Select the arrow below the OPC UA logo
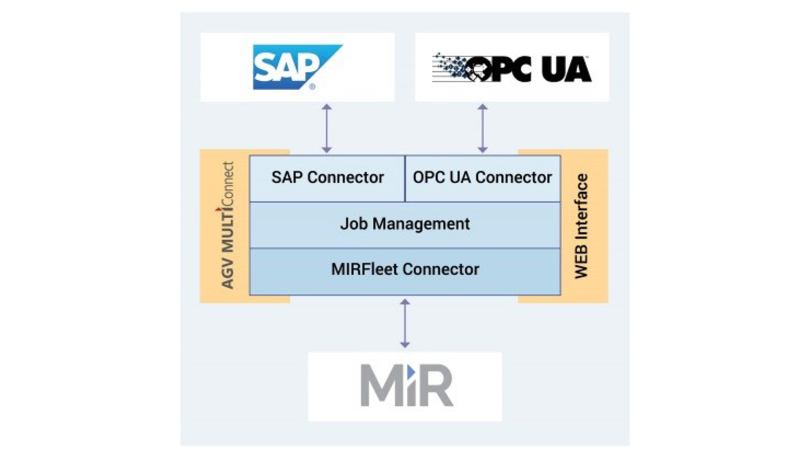[x=483, y=128]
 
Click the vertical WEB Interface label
[x=581, y=226]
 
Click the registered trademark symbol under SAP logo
[x=312, y=86]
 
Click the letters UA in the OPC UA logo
[x=567, y=69]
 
